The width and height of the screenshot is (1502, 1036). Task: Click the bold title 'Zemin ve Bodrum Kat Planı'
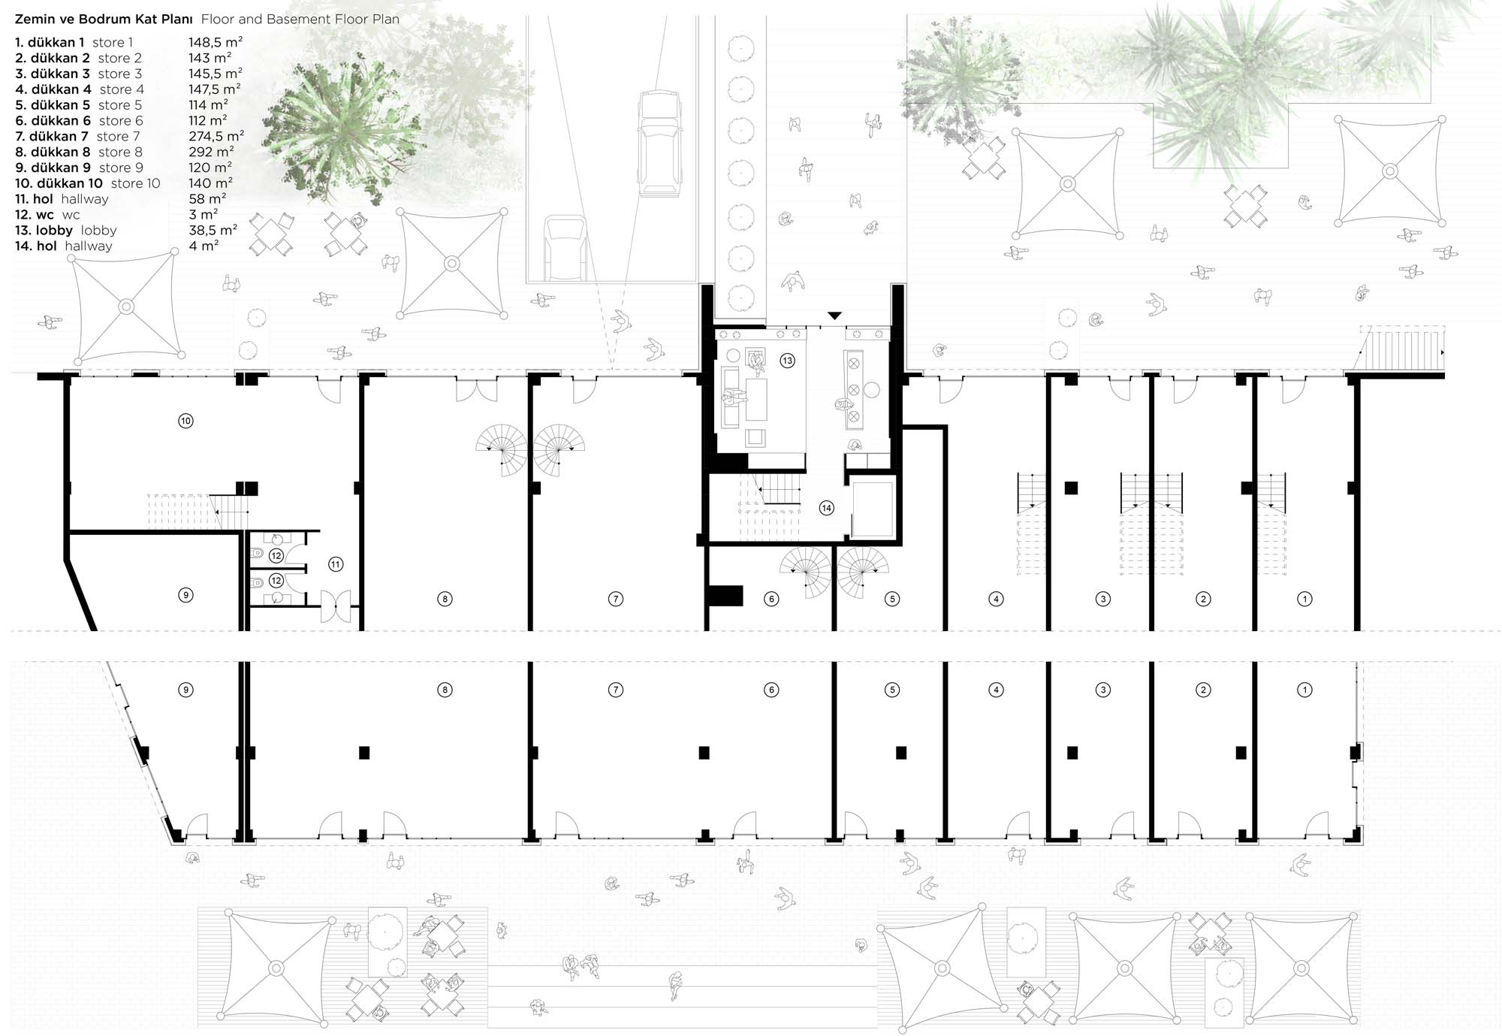pos(104,19)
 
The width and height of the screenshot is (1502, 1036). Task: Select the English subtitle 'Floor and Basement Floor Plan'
pos(300,19)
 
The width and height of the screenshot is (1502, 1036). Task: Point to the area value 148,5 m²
pos(216,42)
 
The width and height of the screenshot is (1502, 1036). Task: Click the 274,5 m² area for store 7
pos(216,136)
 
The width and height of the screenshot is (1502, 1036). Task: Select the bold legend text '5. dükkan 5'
pos(53,105)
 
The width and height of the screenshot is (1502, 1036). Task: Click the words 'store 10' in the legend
pos(135,183)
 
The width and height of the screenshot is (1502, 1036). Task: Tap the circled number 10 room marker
pos(185,421)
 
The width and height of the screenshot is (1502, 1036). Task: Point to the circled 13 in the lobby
pos(787,361)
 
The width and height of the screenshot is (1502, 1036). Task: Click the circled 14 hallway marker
pos(826,508)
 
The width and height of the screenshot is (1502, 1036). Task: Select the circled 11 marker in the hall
pos(335,564)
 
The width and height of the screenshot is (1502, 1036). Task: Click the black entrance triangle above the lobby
pos(834,316)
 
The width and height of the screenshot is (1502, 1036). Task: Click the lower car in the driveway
pos(565,248)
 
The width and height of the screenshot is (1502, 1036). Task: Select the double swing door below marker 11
pos(336,606)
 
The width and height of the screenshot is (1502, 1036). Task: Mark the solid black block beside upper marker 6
pos(725,597)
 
